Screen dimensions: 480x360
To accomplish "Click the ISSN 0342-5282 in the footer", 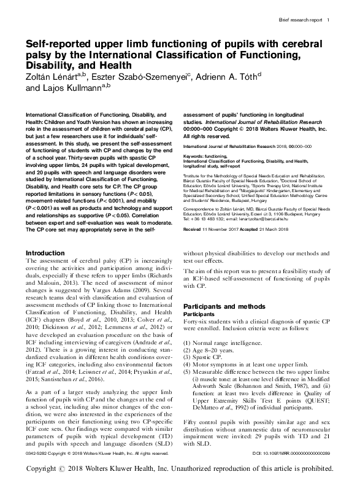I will [x=38, y=454].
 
